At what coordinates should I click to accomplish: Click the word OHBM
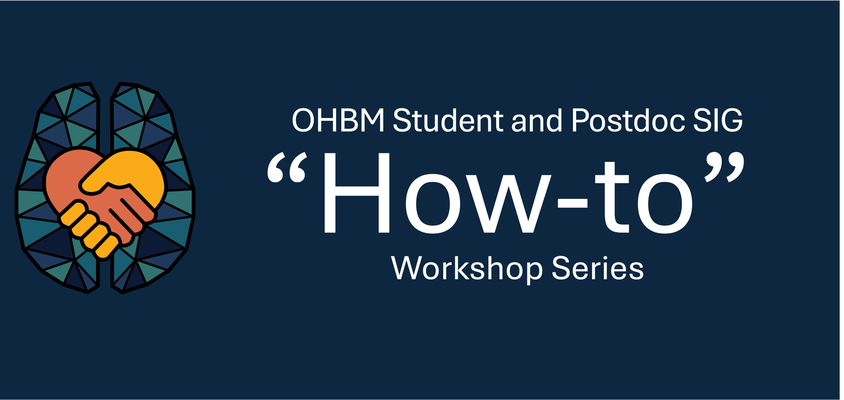(338, 120)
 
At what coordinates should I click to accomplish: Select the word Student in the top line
(448, 120)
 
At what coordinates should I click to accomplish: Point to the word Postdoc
(628, 120)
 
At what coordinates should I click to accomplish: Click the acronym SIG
(718, 120)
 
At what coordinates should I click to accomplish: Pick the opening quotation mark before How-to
(287, 168)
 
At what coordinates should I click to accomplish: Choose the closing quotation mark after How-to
(724, 167)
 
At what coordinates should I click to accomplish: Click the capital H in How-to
(357, 193)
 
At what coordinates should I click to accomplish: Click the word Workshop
(467, 268)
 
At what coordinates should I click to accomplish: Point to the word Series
(598, 268)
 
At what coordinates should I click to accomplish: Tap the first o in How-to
(433, 204)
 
